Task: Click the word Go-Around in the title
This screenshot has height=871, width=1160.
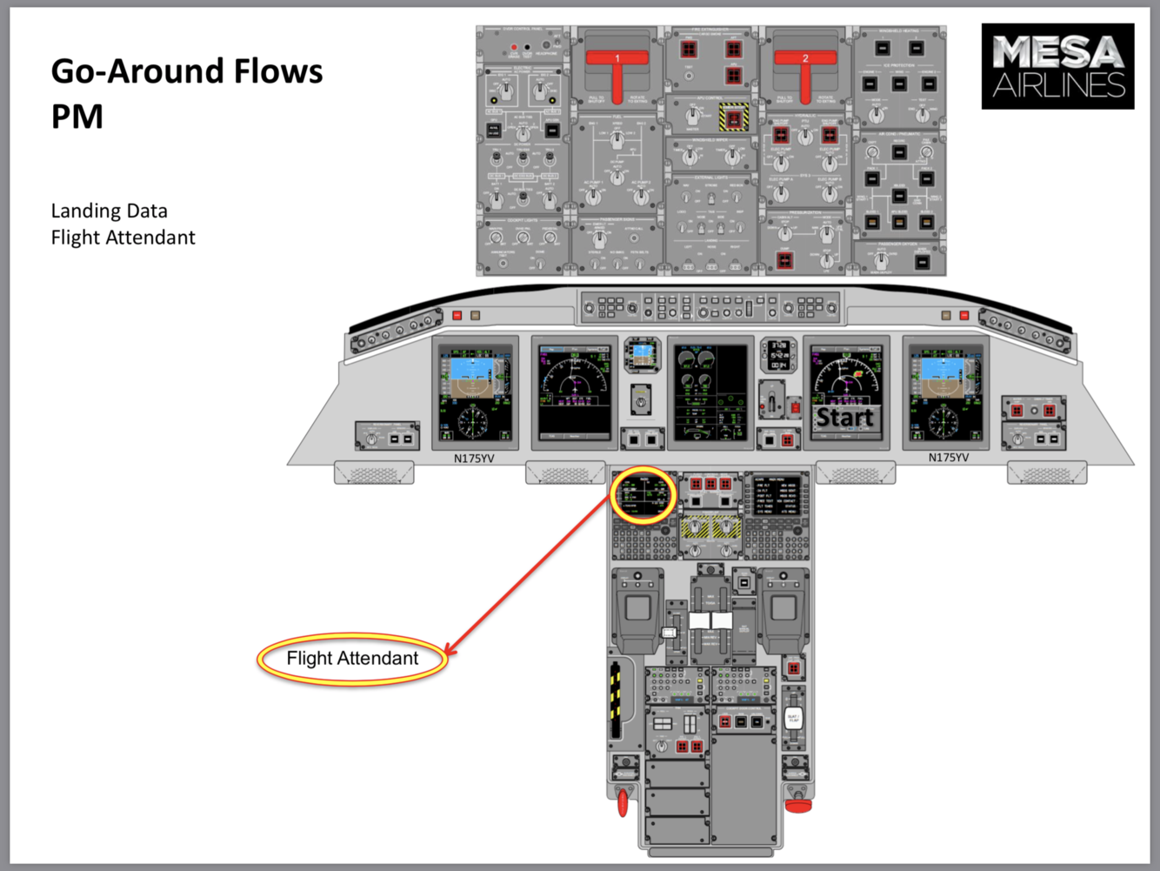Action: coord(130,71)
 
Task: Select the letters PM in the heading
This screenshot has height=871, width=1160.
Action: coord(77,117)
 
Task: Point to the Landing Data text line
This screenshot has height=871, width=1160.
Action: coord(109,211)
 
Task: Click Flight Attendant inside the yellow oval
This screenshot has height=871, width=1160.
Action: coord(352,659)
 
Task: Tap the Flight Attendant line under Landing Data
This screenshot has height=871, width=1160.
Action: coord(123,238)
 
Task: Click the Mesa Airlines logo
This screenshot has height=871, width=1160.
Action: coord(1057,66)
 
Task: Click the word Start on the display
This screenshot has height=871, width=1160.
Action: coord(844,418)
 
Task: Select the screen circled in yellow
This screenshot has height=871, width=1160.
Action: coord(644,495)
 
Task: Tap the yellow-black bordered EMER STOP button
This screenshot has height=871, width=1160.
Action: coord(733,117)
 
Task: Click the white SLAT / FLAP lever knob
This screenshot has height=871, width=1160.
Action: coord(793,719)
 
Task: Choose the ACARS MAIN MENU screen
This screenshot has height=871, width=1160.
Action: coord(777,496)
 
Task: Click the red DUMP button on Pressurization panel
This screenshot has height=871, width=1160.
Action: coord(785,259)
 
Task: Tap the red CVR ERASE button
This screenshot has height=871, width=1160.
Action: coord(514,47)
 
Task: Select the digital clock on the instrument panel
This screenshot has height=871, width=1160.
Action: coord(778,355)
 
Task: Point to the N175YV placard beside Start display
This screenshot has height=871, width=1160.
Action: coord(948,458)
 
